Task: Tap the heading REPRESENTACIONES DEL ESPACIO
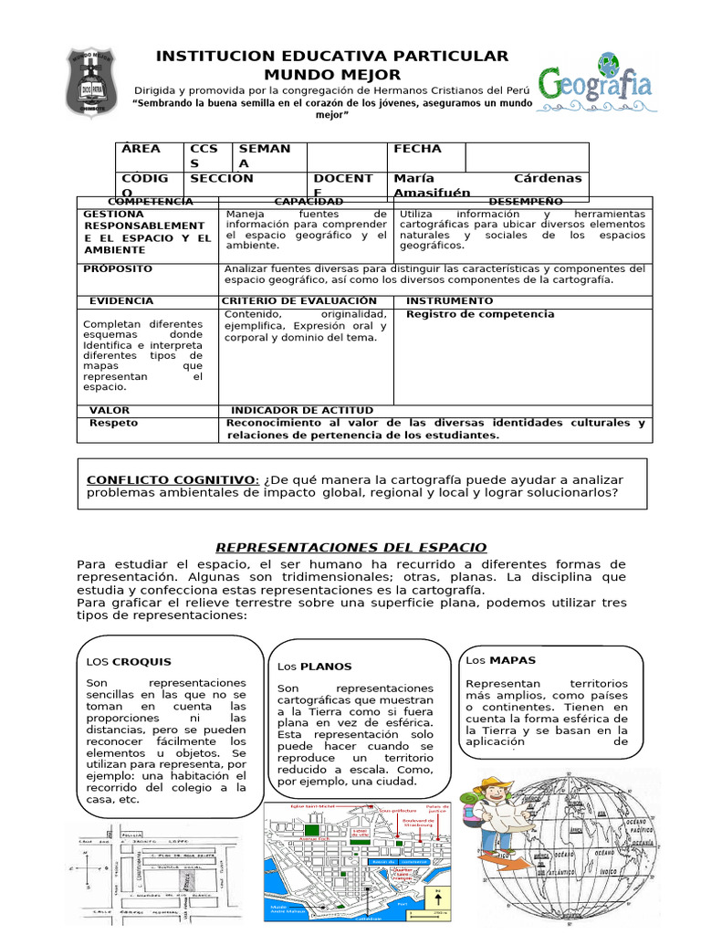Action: click(x=350, y=547)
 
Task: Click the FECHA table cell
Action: click(x=417, y=149)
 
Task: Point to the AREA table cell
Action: click(x=141, y=149)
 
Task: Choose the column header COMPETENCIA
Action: click(x=151, y=201)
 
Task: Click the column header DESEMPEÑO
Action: click(x=526, y=201)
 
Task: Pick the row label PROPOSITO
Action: click(x=118, y=269)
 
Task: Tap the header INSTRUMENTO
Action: click(x=449, y=300)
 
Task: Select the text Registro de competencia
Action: click(x=480, y=314)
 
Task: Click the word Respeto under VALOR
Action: click(x=113, y=424)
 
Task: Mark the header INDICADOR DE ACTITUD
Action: click(x=302, y=411)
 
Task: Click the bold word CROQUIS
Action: click(x=141, y=661)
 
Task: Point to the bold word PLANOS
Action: click(x=326, y=667)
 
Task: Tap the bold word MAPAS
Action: click(x=513, y=659)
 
